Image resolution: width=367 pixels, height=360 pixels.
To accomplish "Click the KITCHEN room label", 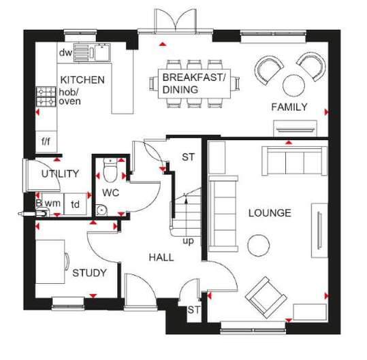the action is (x=82, y=80).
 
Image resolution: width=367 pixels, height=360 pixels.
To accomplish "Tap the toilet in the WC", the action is (x=110, y=170).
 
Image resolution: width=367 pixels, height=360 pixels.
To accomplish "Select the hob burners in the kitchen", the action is (x=46, y=97).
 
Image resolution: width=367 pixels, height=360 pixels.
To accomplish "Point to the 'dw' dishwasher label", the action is (x=66, y=52).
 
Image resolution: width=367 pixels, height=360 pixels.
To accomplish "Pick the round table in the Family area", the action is (x=293, y=85).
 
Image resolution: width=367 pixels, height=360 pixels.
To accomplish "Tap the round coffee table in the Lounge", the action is (x=259, y=246).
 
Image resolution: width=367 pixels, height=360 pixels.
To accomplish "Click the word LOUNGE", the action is (x=270, y=213).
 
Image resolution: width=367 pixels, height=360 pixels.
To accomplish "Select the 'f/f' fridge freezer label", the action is (x=46, y=142).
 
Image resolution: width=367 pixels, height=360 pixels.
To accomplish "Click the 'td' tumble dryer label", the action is (x=75, y=204).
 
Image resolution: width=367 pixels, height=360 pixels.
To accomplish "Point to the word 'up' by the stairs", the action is (x=189, y=241).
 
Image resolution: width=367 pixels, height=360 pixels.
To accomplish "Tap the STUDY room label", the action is (x=89, y=273).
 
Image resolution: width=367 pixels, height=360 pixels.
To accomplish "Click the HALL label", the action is (x=161, y=257).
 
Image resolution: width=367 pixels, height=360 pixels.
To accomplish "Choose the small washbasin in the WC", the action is (x=101, y=210).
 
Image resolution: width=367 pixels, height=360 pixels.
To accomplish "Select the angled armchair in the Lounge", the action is (x=266, y=297).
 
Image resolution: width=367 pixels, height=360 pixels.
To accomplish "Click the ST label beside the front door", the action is (x=194, y=310).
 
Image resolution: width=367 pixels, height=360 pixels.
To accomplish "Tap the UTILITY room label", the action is (x=60, y=174).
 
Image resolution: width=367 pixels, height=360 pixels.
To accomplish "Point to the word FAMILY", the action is (x=289, y=107).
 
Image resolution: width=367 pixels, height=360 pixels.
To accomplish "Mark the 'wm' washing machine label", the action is (x=52, y=203).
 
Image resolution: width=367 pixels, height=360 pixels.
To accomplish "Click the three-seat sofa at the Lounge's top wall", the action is (x=294, y=161).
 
